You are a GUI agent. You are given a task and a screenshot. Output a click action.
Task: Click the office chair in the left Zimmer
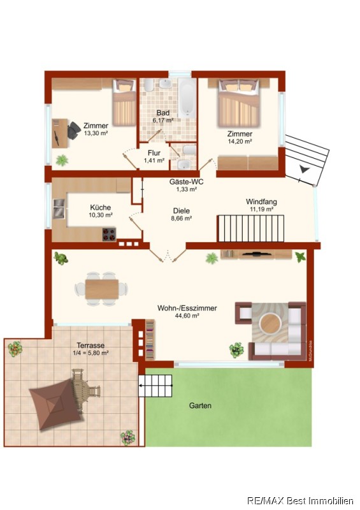point(73,130)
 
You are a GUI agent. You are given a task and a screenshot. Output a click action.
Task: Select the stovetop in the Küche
point(109,234)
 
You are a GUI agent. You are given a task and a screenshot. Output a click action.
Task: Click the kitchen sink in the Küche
point(59,208)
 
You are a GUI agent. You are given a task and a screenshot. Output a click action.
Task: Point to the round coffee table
point(271,323)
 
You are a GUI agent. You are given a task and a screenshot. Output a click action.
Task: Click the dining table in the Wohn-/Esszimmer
point(102,289)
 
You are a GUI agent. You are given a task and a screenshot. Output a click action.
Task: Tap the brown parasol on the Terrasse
point(56,404)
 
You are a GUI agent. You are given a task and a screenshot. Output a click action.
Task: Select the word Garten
point(200,405)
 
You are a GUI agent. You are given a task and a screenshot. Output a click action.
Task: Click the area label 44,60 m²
point(187,315)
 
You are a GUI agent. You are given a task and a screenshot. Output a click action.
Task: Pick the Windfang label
point(261,201)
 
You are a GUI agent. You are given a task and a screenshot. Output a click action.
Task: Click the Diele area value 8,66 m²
point(181,219)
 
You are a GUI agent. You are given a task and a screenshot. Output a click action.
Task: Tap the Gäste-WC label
point(186,182)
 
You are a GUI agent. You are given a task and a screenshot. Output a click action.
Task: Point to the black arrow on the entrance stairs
point(305,169)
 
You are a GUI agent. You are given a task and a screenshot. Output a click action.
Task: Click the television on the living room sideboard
point(257,252)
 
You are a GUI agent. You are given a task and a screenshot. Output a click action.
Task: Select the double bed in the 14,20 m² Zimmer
point(239,103)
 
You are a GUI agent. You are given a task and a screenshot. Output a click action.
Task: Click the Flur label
point(154,153)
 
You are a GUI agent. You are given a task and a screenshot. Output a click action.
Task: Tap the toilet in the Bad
point(148,85)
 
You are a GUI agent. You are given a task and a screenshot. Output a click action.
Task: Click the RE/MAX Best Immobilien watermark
point(300,500)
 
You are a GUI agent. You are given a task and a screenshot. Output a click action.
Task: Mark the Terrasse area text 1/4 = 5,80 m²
point(90,353)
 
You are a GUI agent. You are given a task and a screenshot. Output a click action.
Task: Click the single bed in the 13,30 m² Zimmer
point(124,103)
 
